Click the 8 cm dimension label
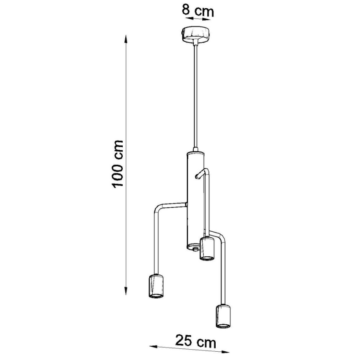click(198, 10)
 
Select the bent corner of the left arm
click(156, 207)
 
